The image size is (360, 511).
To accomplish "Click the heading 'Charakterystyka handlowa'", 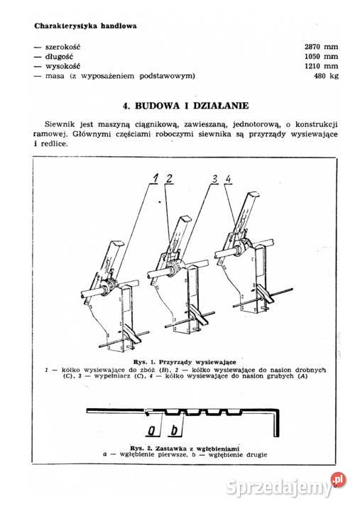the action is click(86, 26).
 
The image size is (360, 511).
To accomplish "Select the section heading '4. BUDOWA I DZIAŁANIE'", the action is click(185, 106).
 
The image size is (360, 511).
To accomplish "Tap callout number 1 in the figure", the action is click(153, 180).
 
